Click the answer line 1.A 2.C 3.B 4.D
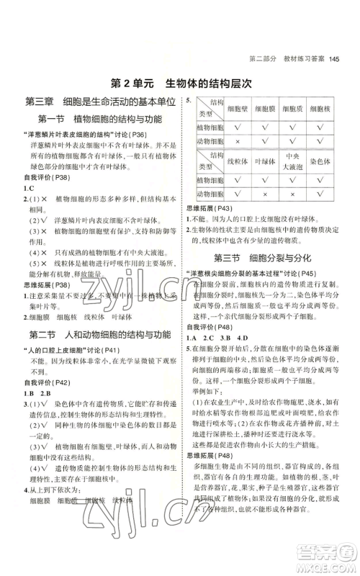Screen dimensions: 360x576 (217, 338)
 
